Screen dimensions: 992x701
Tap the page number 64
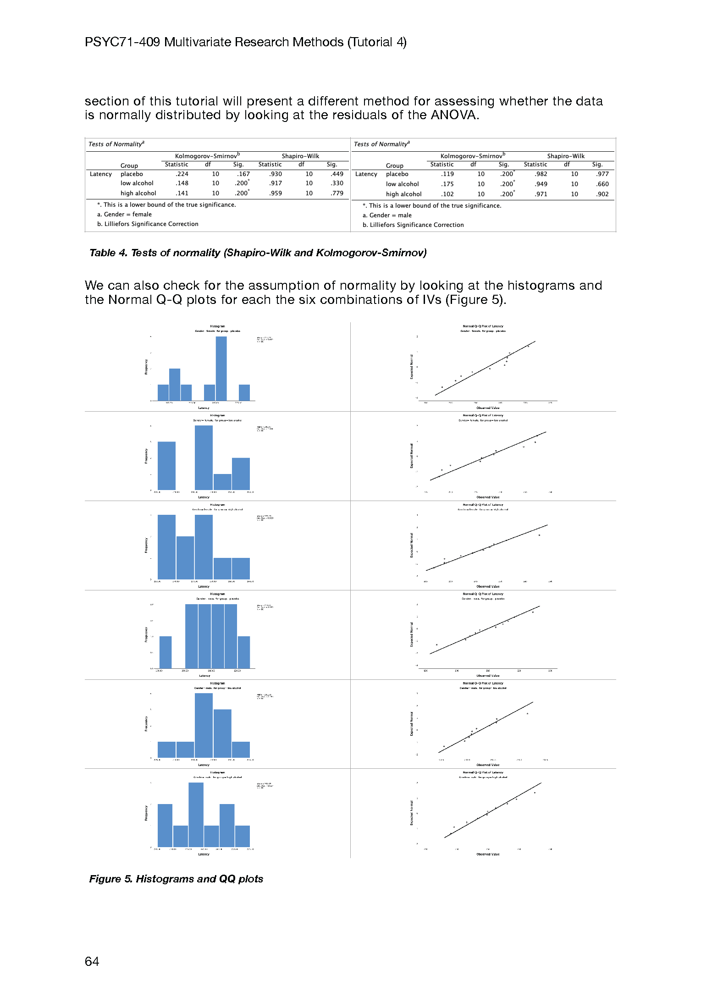click(x=92, y=961)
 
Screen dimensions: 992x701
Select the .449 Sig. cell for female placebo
click(x=337, y=174)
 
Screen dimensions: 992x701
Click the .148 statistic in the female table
click(x=182, y=183)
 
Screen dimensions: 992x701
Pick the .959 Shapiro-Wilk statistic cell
click(x=276, y=193)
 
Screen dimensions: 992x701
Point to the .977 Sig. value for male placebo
click(x=602, y=174)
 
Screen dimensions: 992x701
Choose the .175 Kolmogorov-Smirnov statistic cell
click(x=447, y=184)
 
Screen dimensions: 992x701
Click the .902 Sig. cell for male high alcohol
click(x=602, y=194)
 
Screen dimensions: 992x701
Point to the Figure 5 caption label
click(x=110, y=879)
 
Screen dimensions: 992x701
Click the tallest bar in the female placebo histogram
click(x=221, y=369)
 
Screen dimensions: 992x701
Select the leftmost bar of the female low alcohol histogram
click(x=166, y=466)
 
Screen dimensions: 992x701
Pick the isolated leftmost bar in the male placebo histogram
click(x=166, y=652)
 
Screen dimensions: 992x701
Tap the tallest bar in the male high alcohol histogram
click(x=196, y=815)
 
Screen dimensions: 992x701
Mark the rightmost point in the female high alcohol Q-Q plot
click(x=539, y=535)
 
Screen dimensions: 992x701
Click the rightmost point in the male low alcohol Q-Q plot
click(x=527, y=714)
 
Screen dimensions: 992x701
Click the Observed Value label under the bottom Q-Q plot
click(x=488, y=854)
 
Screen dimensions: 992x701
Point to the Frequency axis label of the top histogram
click(x=146, y=367)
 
